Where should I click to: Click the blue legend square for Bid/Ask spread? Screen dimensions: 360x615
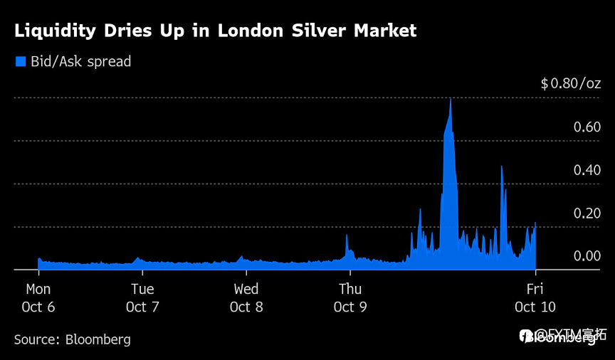point(21,61)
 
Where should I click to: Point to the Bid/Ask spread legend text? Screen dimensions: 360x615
point(80,62)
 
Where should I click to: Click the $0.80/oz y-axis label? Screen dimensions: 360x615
point(571,84)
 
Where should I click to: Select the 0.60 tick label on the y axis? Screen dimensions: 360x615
point(587,127)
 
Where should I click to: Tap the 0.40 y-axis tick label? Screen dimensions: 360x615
point(587,170)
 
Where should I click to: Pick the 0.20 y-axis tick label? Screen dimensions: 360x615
point(587,213)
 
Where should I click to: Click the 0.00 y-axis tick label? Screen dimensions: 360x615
point(587,256)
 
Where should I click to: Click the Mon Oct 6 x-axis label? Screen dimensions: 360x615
point(38,298)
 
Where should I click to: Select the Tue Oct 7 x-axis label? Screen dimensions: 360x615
point(142,298)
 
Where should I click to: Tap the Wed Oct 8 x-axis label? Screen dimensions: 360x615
point(246,298)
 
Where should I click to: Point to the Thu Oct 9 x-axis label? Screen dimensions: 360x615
point(349,298)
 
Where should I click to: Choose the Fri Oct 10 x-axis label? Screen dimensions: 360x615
point(535,298)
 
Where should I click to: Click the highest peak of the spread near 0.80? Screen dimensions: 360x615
point(451,100)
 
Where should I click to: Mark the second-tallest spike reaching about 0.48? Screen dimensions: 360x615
point(502,167)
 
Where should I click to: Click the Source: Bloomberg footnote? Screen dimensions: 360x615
point(72,339)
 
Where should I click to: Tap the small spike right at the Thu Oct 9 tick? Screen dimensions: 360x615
point(347,236)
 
